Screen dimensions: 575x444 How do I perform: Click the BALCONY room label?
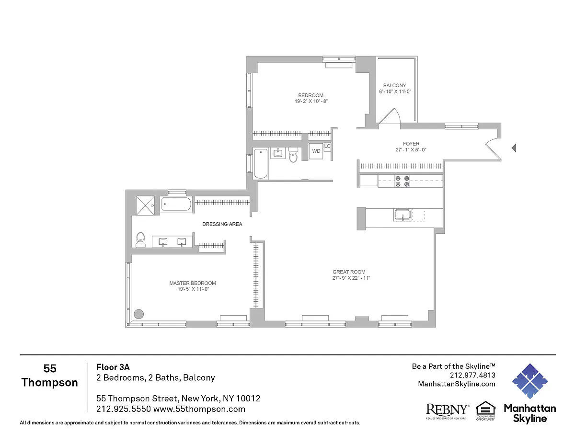point(394,85)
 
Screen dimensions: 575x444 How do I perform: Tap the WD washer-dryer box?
point(316,151)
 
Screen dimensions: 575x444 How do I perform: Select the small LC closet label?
point(327,146)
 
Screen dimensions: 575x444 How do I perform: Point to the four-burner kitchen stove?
point(402,181)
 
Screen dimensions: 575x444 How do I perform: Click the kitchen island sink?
point(402,215)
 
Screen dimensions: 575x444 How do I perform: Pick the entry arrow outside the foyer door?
point(514,148)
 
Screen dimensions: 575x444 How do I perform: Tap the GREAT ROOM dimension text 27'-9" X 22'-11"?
point(351,278)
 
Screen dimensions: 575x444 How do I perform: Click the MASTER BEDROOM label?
point(193,283)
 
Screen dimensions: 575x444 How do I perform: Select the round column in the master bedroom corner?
point(138,314)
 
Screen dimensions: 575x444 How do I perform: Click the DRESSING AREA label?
point(222,224)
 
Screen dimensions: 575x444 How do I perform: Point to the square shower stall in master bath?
point(145,205)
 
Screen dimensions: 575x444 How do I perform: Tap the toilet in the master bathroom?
point(140,239)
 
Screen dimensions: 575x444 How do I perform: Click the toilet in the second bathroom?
point(293,155)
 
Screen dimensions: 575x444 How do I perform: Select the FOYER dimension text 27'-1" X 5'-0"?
point(411,149)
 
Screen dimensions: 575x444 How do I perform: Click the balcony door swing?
point(390,116)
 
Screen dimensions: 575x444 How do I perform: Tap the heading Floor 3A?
point(113,367)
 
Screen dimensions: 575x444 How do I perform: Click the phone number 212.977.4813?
point(472,375)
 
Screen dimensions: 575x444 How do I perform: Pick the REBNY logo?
point(448,411)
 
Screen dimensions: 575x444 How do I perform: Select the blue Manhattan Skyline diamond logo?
point(530,381)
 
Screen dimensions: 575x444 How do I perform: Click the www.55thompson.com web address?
point(199,409)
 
